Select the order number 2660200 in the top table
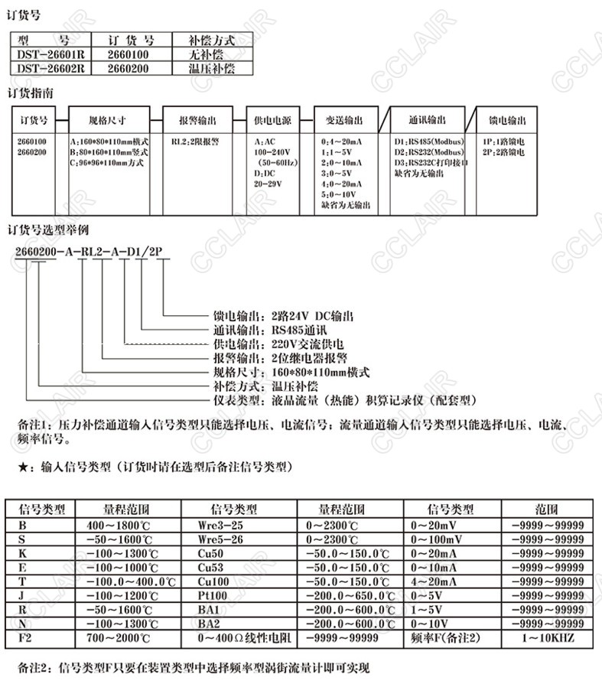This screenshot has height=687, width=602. [x=128, y=67]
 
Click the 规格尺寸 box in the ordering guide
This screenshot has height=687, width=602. [x=107, y=121]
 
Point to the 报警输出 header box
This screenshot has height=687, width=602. [x=197, y=121]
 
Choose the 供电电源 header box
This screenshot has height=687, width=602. [x=272, y=121]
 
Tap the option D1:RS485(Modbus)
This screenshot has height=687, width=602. [x=424, y=142]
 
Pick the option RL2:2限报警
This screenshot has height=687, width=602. [x=196, y=142]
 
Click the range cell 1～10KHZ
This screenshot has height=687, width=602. [x=546, y=637]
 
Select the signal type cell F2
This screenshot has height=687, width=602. [x=28, y=637]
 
